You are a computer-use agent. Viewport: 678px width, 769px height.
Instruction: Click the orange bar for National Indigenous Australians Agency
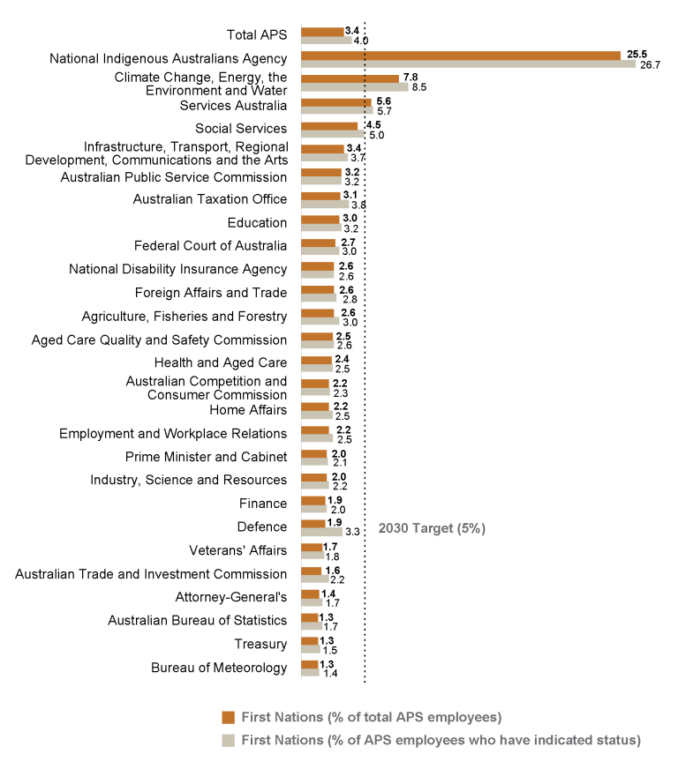pos(461,55)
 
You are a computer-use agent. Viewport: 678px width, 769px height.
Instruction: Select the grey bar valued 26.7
pos(468,63)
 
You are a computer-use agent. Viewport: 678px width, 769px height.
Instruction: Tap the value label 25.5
pos(637,54)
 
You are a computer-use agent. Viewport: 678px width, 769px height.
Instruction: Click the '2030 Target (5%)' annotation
pos(432,528)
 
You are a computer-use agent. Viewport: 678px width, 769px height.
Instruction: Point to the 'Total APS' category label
pos(257,35)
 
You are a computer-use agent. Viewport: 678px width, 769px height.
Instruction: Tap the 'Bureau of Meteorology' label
pos(219,668)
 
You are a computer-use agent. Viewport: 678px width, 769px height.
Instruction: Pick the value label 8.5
pos(419,87)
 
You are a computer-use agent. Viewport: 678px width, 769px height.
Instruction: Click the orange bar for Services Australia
pos(335,101)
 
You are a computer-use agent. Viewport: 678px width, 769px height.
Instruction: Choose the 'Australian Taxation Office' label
pos(210,199)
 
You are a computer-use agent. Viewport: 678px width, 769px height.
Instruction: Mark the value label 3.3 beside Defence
pos(351,532)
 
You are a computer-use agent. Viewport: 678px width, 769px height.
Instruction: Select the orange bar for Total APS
pos(322,32)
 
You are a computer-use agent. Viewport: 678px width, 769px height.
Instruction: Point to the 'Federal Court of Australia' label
pos(211,246)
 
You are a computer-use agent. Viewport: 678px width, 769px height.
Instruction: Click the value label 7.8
pos(411,78)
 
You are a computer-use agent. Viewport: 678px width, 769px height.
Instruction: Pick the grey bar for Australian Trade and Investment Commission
pos(314,579)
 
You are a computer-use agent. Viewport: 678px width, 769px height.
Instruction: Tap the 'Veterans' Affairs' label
pos(238,550)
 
